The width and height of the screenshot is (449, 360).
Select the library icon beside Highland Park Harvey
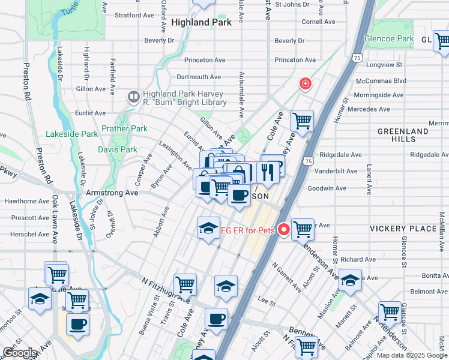click(x=133, y=96)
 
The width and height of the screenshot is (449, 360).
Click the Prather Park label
click(x=124, y=128)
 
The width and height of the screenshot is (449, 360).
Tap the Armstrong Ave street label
click(x=113, y=193)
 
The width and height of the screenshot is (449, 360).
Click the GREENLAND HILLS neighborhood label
click(x=396, y=134)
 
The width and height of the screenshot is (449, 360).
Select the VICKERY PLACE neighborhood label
click(x=403, y=229)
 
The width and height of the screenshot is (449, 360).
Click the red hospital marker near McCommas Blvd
click(x=306, y=83)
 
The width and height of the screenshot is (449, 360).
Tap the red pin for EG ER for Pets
click(x=283, y=229)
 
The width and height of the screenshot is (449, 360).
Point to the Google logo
click(x=20, y=353)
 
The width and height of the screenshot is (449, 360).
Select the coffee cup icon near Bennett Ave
click(x=216, y=319)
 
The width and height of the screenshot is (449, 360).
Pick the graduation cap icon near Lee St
click(x=226, y=286)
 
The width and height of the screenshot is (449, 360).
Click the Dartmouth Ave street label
click(x=199, y=77)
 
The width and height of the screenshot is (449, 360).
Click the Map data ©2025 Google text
click(x=411, y=355)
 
